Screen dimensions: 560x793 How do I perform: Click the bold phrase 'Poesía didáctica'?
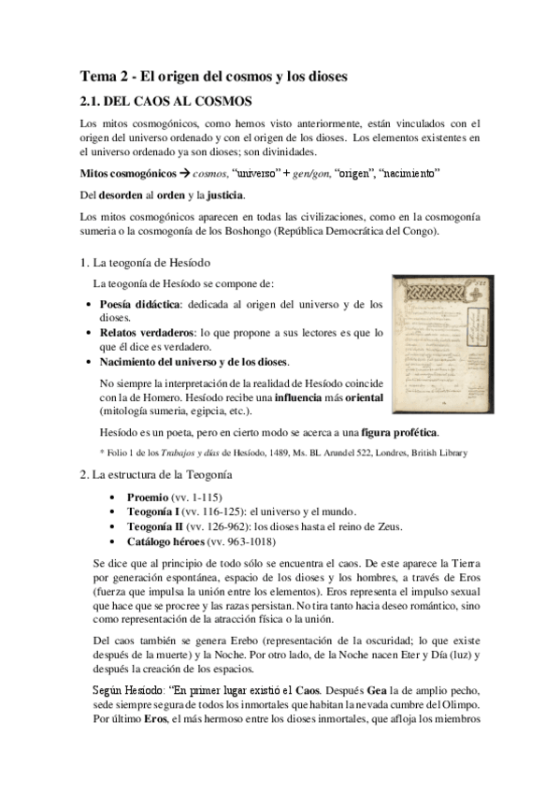pos(143,305)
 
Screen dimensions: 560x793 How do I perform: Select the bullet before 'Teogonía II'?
pos(113,527)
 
